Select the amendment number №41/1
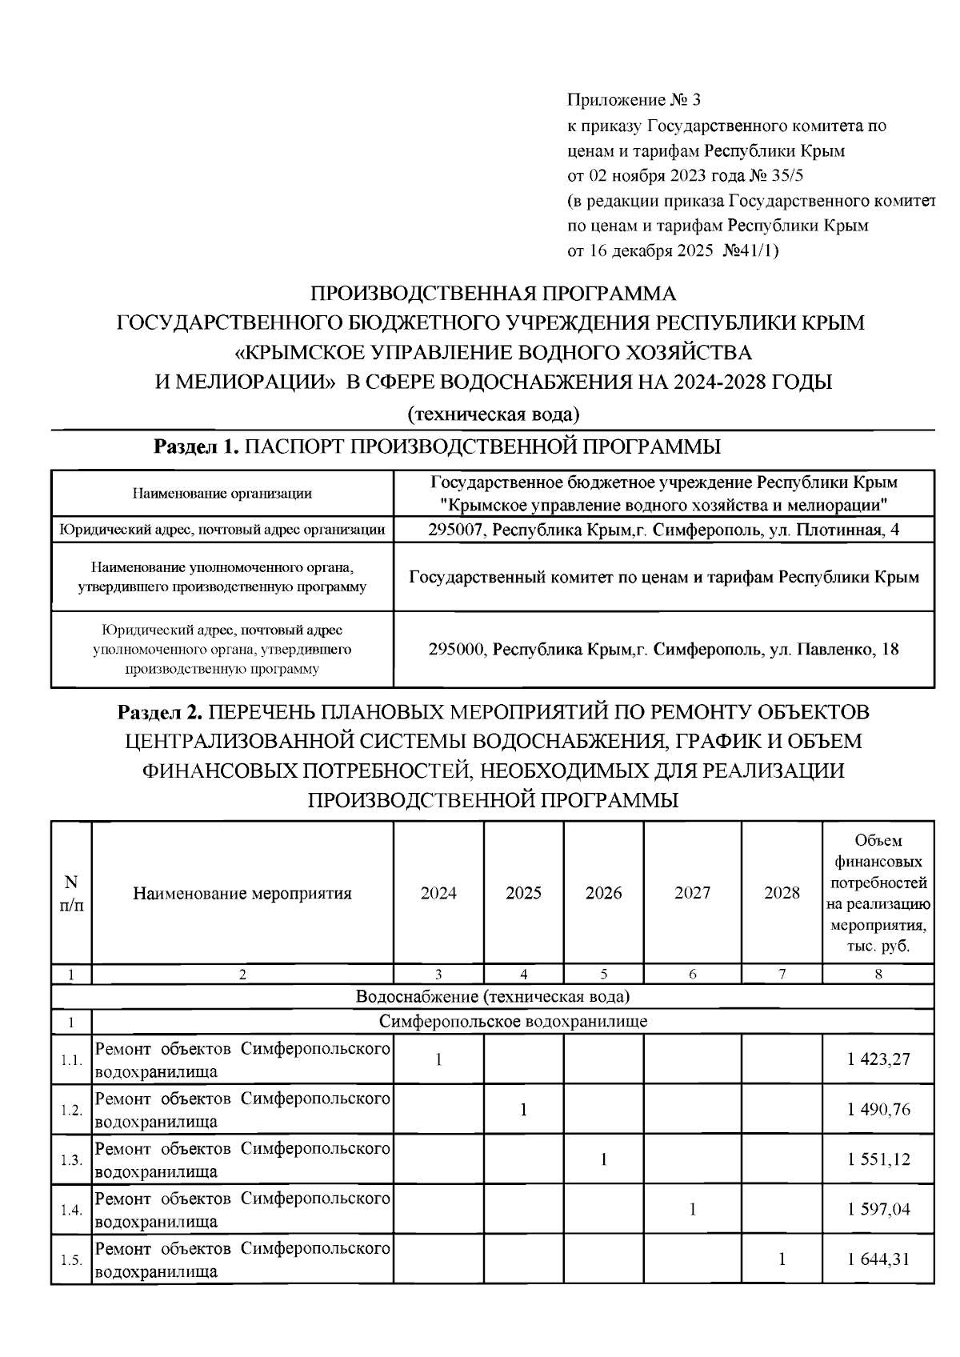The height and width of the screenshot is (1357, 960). coord(750,250)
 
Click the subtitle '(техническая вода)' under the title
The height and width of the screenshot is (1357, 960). coord(494,414)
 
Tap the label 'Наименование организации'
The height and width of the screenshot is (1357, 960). coord(222,494)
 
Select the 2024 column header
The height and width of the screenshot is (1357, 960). coord(438,893)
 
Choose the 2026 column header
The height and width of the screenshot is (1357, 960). coord(603,893)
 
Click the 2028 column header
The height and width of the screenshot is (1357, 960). coord(782,893)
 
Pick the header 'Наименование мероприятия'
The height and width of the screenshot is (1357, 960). coord(242,893)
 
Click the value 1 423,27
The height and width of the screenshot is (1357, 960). coord(878,1059)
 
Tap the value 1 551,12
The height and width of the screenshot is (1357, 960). coord(878,1159)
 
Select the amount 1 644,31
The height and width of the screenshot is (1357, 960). coord(878,1259)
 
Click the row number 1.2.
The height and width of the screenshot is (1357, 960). coord(71,1111)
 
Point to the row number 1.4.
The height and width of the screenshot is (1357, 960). coord(71,1211)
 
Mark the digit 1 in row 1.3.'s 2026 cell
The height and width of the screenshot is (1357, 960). coord(603,1159)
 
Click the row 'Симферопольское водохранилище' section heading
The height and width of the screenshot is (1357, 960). coord(513,1022)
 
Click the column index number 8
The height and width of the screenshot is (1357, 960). coord(878,975)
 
